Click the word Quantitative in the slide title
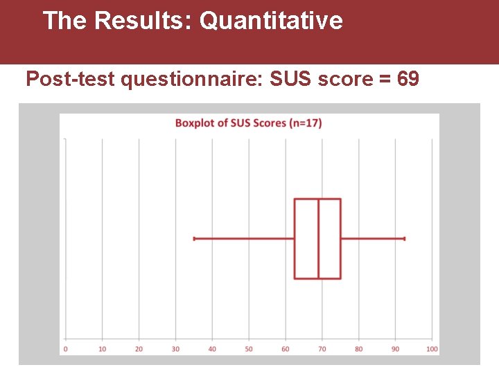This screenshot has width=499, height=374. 271,21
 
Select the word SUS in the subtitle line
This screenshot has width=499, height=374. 292,80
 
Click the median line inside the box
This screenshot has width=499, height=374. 318,239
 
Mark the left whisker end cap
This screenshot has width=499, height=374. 195,239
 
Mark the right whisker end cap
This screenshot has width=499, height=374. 404,239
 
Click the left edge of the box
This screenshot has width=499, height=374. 295,239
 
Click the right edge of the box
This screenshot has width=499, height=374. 340,239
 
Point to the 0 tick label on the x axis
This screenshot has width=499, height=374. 65,349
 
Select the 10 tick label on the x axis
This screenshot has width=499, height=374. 103,349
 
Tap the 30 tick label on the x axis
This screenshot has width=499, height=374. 175,349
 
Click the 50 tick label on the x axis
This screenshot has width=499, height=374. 249,349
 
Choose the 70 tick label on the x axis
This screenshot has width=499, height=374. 322,349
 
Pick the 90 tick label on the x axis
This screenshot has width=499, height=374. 395,349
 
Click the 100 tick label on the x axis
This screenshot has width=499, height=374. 432,349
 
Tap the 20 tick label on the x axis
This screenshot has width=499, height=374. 139,349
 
